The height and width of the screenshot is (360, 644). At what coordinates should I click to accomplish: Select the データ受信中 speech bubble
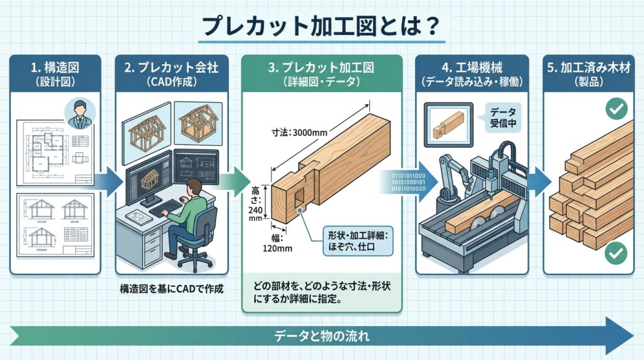pos(502,118)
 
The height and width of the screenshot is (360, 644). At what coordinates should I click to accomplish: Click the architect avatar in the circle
pos(80,113)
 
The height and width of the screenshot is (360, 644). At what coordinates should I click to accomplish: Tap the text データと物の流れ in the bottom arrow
pos(321,335)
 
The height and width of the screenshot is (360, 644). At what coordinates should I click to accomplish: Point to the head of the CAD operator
pos(195,186)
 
